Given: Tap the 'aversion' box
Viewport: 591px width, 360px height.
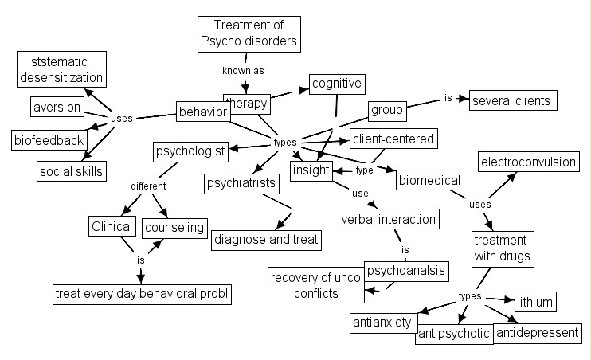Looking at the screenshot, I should [57, 107].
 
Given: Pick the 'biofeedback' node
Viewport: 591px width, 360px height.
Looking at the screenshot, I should [49, 140].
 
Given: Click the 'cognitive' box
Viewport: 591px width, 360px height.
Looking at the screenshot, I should [337, 83].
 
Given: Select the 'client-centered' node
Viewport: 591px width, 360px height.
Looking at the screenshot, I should [393, 139].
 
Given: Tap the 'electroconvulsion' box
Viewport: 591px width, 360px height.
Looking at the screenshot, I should [527, 162].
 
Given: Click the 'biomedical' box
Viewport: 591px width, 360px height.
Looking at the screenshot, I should [429, 180].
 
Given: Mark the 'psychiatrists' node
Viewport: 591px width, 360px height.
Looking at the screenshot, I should [241, 183].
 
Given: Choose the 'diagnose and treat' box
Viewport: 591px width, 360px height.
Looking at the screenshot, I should [265, 238].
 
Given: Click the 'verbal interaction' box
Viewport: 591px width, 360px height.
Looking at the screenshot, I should [389, 218].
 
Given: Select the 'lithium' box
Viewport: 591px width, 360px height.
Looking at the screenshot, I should [534, 302].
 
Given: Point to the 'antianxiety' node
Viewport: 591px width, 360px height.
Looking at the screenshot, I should [382, 323].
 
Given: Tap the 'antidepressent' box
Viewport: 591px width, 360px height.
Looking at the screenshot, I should [538, 332].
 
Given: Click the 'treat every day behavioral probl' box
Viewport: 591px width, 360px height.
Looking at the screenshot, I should [142, 293].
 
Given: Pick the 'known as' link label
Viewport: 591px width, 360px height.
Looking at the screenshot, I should [242, 70].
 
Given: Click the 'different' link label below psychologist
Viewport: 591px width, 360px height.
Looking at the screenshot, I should [148, 186].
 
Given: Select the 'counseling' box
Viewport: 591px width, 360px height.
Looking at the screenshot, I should [174, 228].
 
